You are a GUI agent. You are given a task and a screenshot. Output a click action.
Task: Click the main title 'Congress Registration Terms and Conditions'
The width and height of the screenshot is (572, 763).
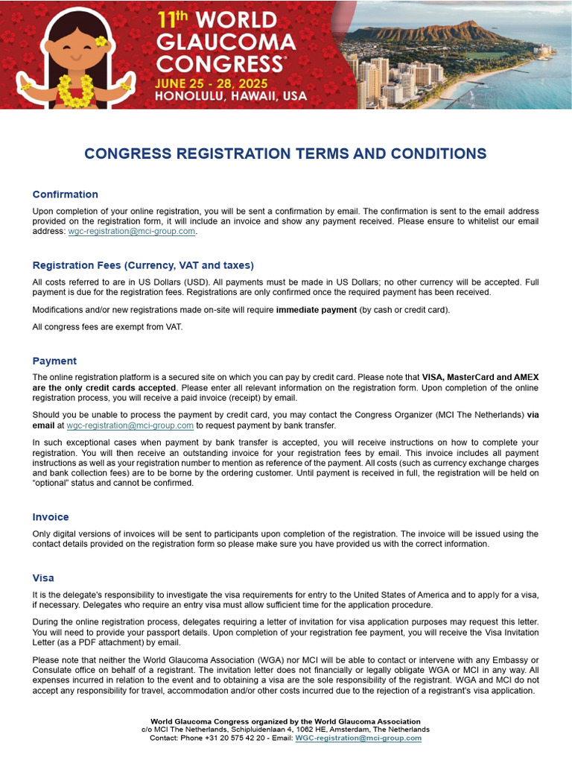[285, 154]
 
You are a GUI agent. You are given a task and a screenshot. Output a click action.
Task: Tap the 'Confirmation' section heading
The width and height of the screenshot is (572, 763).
[65, 194]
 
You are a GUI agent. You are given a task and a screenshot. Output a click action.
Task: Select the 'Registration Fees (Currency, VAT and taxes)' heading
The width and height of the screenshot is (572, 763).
[143, 265]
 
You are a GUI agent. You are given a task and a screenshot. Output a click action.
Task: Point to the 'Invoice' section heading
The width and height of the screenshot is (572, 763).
[51, 516]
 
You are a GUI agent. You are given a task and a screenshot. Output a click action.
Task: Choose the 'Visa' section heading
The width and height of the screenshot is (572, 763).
[43, 577]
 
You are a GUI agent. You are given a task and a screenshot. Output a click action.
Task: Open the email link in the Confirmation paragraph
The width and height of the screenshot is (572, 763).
[132, 232]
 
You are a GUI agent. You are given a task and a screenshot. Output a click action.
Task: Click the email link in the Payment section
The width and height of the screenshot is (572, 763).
[130, 425]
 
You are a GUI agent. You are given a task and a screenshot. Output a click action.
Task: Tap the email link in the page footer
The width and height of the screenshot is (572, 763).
[358, 738]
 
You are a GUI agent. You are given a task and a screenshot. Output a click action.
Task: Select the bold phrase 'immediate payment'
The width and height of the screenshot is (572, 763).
[317, 310]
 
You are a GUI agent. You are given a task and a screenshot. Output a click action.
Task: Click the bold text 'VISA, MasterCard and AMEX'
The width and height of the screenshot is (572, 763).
[480, 377]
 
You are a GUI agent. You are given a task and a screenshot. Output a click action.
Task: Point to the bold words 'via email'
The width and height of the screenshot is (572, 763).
[533, 415]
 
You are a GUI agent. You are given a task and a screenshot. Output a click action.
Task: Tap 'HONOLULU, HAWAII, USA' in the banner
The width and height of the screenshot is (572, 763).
[232, 96]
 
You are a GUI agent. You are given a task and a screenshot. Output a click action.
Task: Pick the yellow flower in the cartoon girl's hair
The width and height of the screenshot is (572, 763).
[101, 42]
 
